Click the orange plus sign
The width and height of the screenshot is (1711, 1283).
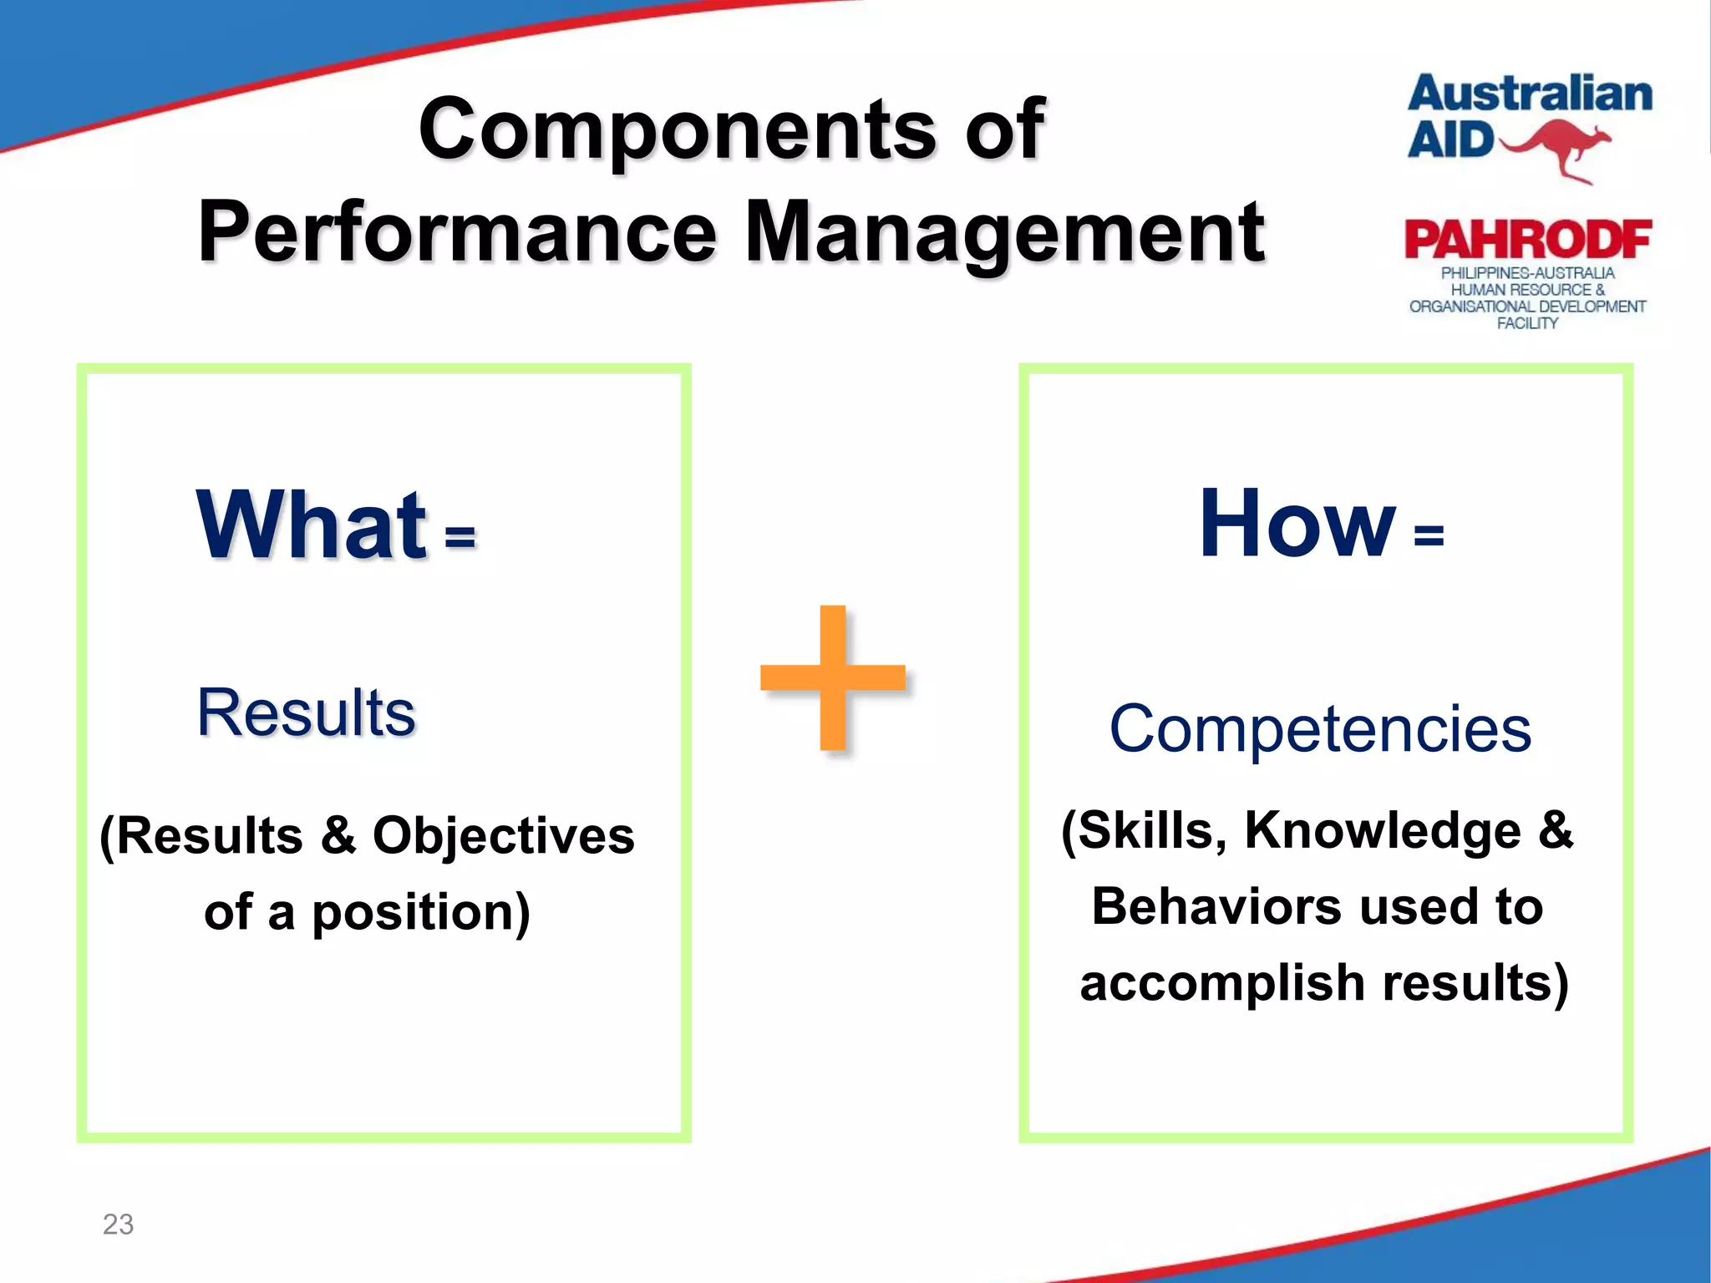[833, 677]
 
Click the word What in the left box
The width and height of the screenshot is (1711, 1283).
[311, 526]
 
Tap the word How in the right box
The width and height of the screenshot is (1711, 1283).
[1296, 525]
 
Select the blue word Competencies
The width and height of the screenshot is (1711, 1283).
[1320, 729]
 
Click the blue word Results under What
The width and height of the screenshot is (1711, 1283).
[306, 712]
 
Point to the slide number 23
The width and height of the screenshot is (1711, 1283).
[118, 1224]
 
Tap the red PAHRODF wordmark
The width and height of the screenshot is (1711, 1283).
[1527, 241]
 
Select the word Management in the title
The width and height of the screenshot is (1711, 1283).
[1003, 233]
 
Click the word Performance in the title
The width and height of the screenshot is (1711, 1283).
[457, 233]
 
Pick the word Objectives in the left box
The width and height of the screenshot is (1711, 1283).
[503, 835]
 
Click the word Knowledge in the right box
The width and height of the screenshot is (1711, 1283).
[1383, 830]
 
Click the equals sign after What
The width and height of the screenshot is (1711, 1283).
[460, 537]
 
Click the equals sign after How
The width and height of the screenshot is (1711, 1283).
[1429, 535]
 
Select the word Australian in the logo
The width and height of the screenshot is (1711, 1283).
[1530, 94]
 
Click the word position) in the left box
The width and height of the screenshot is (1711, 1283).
[421, 912]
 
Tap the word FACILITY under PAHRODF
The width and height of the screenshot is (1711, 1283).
[1527, 323]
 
